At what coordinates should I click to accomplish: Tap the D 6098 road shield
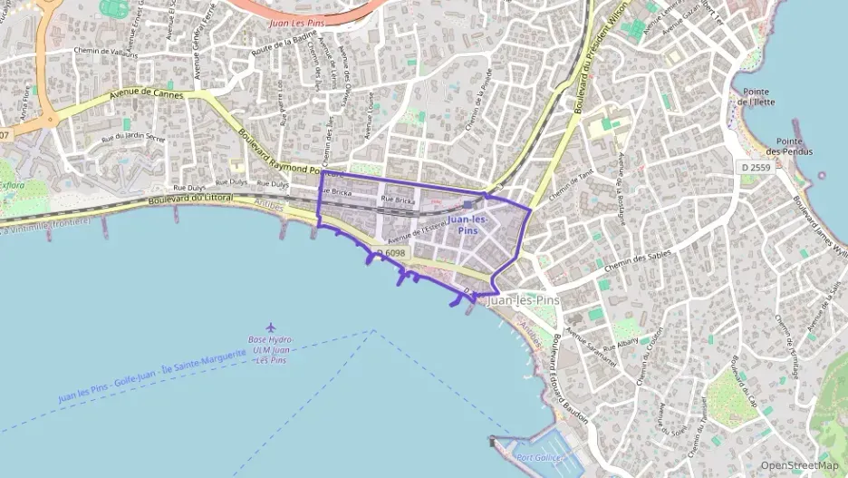click(x=390, y=252)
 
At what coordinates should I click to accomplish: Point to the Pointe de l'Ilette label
click(x=756, y=97)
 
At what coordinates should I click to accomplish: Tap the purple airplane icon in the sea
click(x=270, y=327)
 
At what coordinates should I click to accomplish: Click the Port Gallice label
click(x=540, y=458)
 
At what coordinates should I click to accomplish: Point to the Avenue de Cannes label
click(x=146, y=94)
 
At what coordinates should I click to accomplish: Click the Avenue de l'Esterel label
click(x=416, y=233)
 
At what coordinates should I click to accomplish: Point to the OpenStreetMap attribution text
click(x=799, y=465)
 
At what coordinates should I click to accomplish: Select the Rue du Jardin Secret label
click(x=133, y=137)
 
